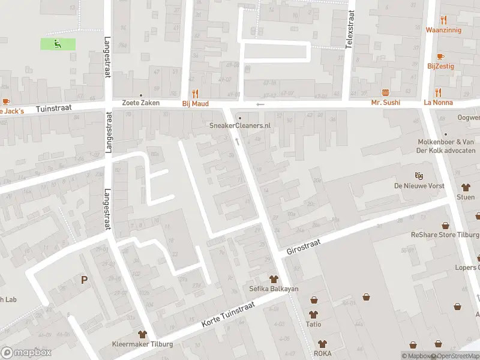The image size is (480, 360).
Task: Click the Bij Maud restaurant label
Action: (x=196, y=103)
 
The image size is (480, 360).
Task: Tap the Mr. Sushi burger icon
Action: (x=386, y=92)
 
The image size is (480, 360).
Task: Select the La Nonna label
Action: (x=438, y=103)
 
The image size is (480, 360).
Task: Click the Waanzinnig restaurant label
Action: (x=443, y=29)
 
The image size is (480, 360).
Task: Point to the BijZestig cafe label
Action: (x=441, y=66)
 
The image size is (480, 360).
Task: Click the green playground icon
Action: (x=58, y=43)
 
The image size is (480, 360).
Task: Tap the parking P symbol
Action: (x=84, y=280)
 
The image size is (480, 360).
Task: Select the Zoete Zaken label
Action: (x=141, y=103)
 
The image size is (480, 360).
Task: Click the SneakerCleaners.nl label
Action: (x=240, y=125)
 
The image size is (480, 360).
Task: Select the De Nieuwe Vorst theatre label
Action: (x=419, y=186)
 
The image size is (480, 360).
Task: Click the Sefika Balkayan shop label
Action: (x=274, y=289)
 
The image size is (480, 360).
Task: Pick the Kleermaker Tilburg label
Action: (x=143, y=344)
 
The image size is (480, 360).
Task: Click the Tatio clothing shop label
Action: (x=313, y=324)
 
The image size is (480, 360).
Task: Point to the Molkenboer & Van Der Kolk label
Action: (x=446, y=146)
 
